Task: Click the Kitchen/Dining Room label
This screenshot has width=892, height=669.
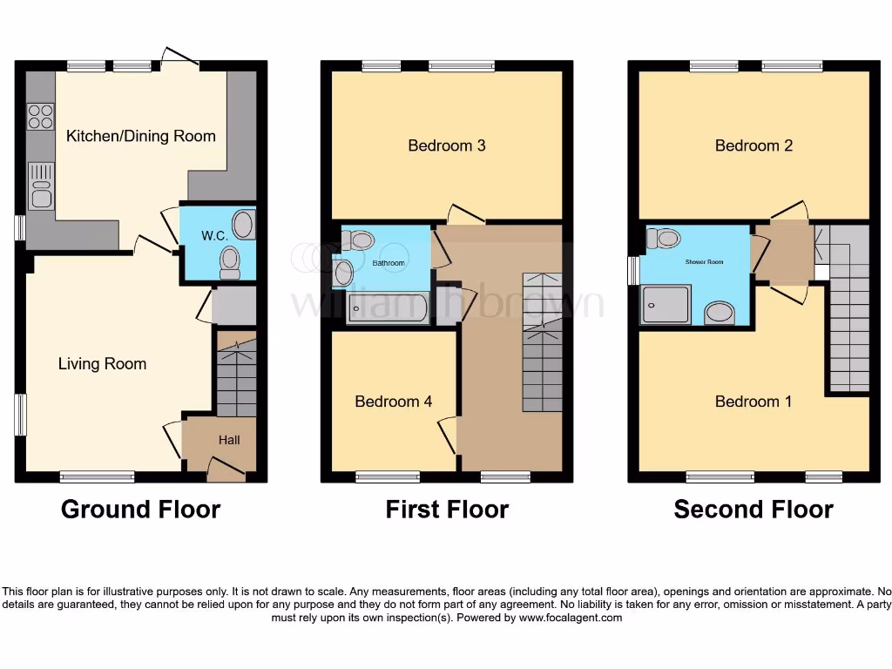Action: [x=140, y=136]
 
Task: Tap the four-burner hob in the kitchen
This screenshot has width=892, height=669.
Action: [x=40, y=116]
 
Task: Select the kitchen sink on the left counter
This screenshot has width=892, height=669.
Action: [x=41, y=187]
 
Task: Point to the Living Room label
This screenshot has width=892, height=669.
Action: [x=102, y=363]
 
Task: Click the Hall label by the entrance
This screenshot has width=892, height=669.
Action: [x=229, y=440]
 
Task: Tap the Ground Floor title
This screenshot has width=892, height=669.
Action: [x=140, y=509]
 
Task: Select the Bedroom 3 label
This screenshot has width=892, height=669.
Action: [x=447, y=145]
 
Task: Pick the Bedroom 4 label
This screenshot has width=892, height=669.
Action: [x=393, y=402]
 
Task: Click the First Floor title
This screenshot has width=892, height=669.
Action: [x=447, y=509]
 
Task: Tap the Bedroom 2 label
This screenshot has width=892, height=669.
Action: [x=753, y=145]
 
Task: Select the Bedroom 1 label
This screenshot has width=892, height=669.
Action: [x=753, y=402]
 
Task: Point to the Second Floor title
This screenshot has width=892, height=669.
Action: [x=753, y=509]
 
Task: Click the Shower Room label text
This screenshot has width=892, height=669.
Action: [x=705, y=261]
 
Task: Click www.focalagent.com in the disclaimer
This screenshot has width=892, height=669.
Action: [x=571, y=618]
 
